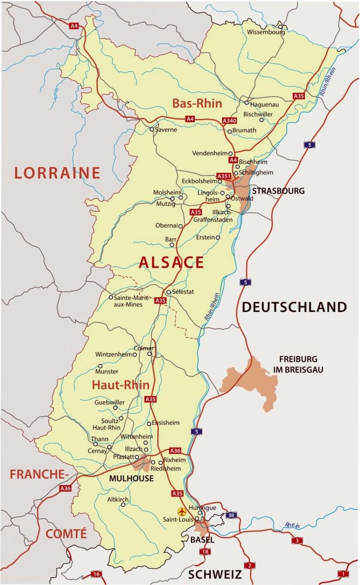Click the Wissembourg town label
265,32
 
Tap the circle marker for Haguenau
247,103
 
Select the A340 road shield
229,120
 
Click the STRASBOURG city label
278,191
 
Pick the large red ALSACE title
171,262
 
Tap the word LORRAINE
57,173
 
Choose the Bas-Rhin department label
197,103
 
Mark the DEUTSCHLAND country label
294,307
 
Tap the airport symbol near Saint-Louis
182,512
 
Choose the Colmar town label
144,348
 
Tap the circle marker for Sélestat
169,292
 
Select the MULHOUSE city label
131,478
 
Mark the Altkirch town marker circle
123,505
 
